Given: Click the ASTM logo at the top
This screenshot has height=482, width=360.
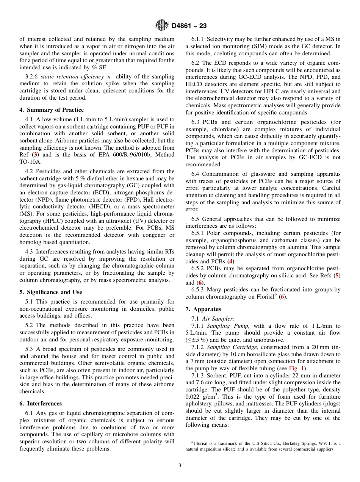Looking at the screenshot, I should point(162,26).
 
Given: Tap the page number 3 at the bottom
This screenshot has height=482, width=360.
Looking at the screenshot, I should point(180,466).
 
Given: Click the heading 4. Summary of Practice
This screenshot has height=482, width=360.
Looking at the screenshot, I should point(52,110).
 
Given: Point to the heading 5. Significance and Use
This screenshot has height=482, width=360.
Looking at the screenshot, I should point(50,292).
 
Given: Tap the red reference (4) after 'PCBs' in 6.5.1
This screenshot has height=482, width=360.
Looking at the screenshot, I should point(230,261).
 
